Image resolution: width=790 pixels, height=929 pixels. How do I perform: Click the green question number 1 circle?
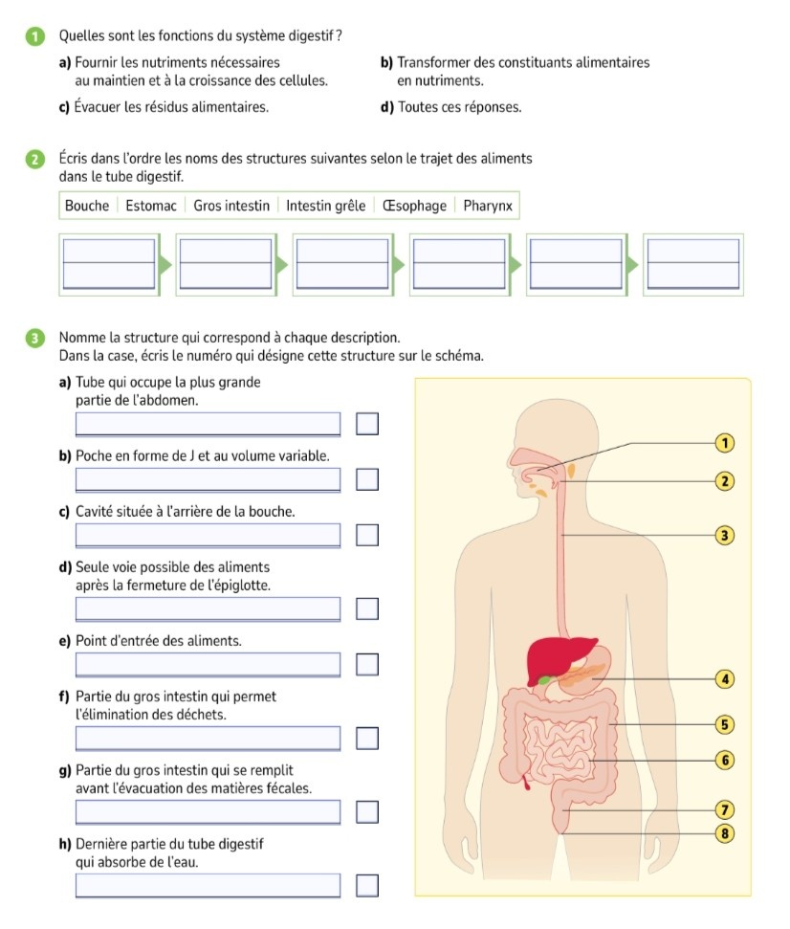(x=35, y=36)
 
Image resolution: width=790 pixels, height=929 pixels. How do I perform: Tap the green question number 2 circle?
(x=35, y=159)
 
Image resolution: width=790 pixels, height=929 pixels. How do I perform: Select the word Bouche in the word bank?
(x=87, y=206)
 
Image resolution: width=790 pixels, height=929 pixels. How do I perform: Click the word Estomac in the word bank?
(x=151, y=206)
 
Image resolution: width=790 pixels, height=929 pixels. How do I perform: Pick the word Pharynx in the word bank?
(x=488, y=206)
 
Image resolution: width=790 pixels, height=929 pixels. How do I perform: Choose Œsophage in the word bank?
(x=414, y=206)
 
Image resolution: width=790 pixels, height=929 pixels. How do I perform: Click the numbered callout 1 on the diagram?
(x=725, y=442)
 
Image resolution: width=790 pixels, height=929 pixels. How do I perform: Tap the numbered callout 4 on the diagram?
(x=725, y=679)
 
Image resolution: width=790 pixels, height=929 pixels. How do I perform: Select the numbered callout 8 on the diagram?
(x=725, y=833)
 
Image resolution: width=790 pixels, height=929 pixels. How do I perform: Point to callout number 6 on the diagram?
(x=725, y=760)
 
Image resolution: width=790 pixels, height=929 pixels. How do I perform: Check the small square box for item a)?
(x=367, y=423)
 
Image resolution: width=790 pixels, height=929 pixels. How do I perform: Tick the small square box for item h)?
(x=367, y=886)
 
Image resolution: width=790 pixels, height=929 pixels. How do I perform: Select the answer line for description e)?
(x=208, y=663)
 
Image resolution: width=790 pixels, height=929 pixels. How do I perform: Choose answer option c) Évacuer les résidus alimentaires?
(x=164, y=107)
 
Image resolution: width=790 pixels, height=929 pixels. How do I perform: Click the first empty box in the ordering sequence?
(x=108, y=263)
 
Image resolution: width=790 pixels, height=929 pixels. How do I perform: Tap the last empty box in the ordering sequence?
(x=693, y=263)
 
